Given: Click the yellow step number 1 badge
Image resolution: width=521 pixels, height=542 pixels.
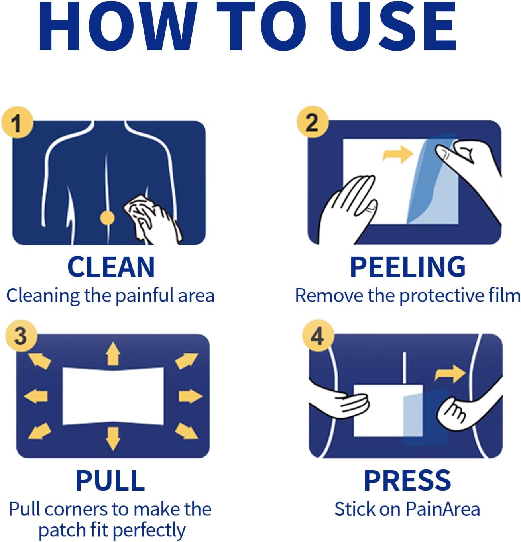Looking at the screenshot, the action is (x=18, y=122).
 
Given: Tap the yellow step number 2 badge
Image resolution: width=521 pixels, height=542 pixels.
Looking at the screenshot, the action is (x=313, y=122).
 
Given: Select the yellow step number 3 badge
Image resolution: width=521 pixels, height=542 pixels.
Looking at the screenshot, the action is (x=22, y=336).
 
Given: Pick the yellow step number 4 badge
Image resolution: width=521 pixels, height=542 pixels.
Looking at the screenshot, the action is (x=318, y=336).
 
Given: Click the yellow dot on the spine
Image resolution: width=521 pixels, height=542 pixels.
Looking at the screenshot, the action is (x=107, y=218).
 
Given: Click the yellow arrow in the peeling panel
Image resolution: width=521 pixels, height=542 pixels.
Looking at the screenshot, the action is (x=397, y=154).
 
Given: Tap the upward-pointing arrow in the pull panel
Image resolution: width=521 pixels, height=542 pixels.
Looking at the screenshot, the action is (x=113, y=353).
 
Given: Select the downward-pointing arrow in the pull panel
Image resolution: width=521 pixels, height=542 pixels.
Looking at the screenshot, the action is (x=113, y=439).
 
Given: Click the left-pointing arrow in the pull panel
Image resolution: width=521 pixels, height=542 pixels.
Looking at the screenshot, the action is (x=35, y=396).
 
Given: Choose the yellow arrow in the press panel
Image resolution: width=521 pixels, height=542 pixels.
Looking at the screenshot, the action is (x=450, y=374).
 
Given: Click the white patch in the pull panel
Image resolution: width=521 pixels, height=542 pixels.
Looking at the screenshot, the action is (x=113, y=396).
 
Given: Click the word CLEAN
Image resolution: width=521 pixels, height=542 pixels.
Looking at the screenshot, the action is (x=111, y=267).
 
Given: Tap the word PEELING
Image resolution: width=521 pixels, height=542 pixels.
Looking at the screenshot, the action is (x=408, y=267).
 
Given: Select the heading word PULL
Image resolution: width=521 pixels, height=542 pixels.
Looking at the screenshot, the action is (x=110, y=481).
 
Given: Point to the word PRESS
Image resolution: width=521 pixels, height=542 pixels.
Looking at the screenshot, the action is (x=408, y=481).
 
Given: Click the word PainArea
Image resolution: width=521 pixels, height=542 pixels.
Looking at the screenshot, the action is (x=442, y=509).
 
